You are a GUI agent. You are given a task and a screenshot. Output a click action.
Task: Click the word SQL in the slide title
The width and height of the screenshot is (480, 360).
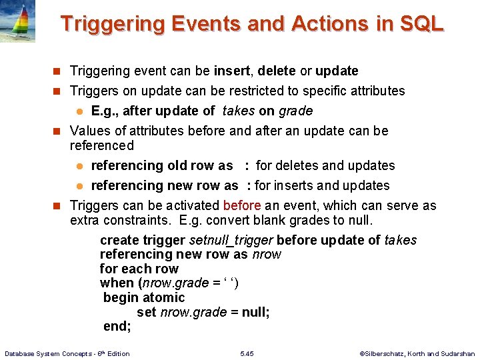pyautogui.click(x=421, y=24)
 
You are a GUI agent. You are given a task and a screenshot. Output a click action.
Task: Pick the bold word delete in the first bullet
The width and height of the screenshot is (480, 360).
pyautogui.click(x=277, y=71)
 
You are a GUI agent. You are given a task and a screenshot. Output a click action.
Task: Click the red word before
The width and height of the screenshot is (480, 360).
pyautogui.click(x=242, y=205)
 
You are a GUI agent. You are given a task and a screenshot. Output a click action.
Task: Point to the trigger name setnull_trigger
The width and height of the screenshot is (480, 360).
pyautogui.click(x=231, y=240)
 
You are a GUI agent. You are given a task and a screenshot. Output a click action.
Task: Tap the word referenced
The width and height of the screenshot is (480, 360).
pyautogui.click(x=102, y=145)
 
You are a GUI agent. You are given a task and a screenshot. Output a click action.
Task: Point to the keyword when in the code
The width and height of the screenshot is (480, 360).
pyautogui.click(x=117, y=283)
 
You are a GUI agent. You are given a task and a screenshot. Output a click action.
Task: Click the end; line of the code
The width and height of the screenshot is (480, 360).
pyautogui.click(x=117, y=326)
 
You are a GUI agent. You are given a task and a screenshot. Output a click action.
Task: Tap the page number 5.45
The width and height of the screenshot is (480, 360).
pyautogui.click(x=247, y=353)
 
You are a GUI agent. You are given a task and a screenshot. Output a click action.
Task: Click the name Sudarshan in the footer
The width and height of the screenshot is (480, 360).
pyautogui.click(x=457, y=353)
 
